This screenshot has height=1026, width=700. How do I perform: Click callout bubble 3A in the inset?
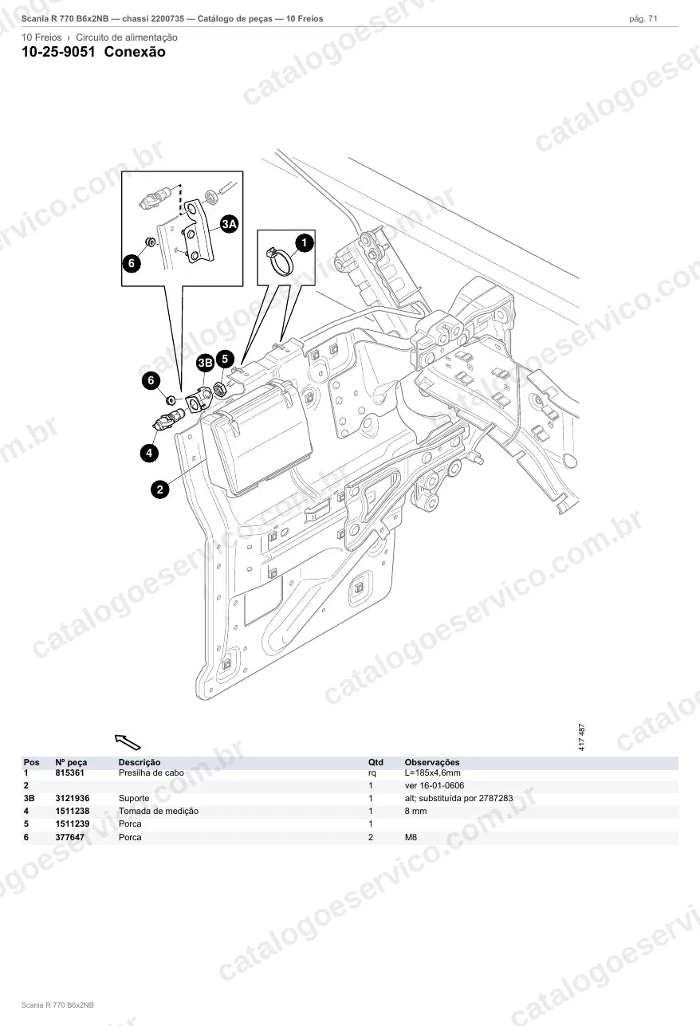tap(229, 224)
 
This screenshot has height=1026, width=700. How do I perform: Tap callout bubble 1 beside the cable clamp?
tap(305, 243)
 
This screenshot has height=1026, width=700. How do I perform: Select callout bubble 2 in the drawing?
tap(160, 489)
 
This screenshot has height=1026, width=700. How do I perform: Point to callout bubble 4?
tap(149, 454)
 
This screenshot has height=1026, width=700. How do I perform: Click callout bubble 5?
tap(225, 359)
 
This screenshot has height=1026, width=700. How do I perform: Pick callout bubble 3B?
tap(205, 364)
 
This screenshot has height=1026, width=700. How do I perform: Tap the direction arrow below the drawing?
tap(128, 742)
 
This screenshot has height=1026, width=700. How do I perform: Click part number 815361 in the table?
tap(69, 772)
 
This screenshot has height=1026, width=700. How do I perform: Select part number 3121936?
tap(73, 798)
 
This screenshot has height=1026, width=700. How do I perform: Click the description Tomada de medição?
tap(159, 812)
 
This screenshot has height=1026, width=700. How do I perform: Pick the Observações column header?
tap(432, 762)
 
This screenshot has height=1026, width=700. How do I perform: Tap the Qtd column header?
tap(376, 762)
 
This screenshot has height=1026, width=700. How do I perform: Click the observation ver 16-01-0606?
tap(435, 785)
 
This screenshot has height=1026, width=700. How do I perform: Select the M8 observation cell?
tap(411, 837)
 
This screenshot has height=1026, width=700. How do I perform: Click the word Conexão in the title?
tap(135, 52)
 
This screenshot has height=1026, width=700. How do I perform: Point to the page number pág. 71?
tap(643, 19)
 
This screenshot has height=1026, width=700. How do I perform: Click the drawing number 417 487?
tap(582, 737)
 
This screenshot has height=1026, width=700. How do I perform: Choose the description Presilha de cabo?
tap(151, 772)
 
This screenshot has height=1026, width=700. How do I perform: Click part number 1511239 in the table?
tap(73, 824)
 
